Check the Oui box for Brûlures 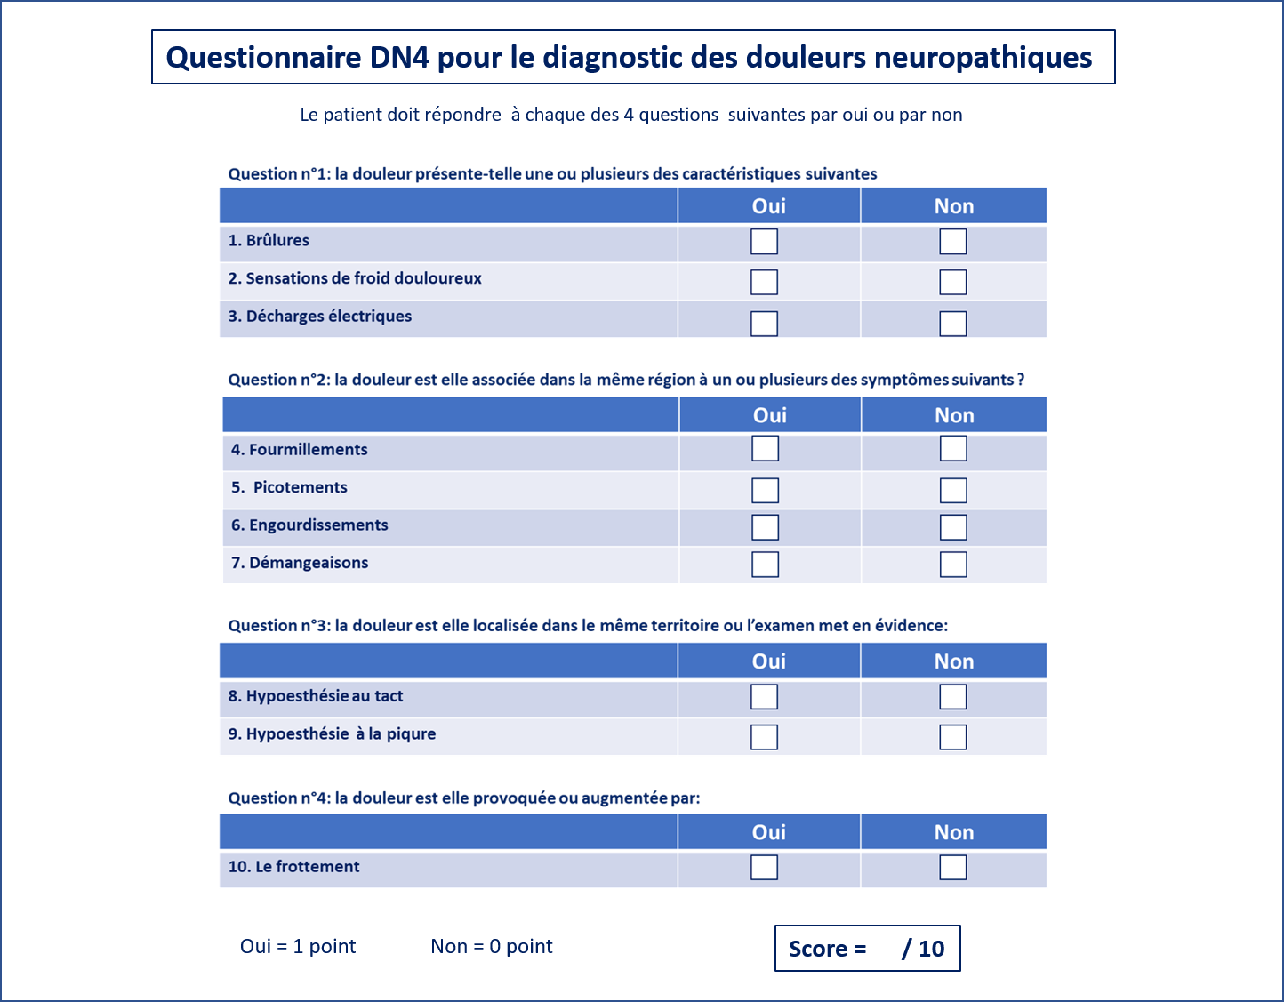click(x=764, y=242)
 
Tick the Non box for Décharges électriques click(x=952, y=324)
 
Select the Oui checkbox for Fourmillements click(x=765, y=448)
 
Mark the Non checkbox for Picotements click(x=953, y=491)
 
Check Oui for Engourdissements click(x=765, y=527)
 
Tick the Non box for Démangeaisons click(x=953, y=565)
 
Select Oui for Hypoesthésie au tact click(x=764, y=697)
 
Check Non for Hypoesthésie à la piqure click(x=952, y=737)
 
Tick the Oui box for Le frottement click(x=764, y=867)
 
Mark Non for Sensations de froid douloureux click(x=952, y=282)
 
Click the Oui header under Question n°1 click(x=768, y=206)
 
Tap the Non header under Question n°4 click(x=953, y=832)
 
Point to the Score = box click(x=867, y=949)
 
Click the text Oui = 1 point click(x=298, y=947)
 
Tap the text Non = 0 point click(x=491, y=947)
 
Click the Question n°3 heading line click(x=588, y=626)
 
